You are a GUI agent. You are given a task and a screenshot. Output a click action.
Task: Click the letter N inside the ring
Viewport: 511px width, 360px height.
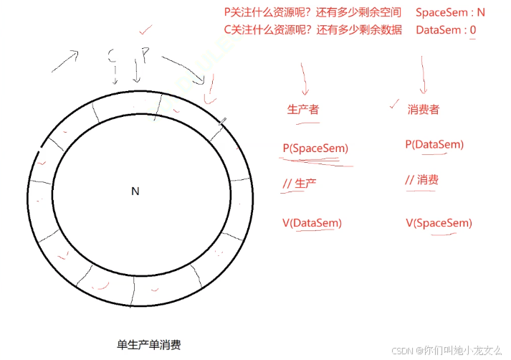click(x=135, y=191)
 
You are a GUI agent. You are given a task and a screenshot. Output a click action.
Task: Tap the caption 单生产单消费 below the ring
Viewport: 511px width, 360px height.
click(x=148, y=345)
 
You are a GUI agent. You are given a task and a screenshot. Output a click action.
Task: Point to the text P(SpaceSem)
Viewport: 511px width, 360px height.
click(x=315, y=148)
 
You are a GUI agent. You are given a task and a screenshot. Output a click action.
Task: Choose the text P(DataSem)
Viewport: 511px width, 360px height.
click(x=434, y=145)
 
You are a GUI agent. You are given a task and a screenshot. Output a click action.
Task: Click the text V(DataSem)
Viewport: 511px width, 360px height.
click(x=312, y=223)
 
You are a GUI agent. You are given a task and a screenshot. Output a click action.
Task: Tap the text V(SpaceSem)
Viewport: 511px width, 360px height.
click(x=439, y=223)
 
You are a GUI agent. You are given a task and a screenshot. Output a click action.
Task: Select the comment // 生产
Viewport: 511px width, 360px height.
click(x=300, y=184)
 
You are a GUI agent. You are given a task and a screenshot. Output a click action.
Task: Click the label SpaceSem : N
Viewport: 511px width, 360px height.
click(x=450, y=12)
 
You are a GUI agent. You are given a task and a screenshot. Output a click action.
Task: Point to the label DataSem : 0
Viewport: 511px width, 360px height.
click(x=446, y=30)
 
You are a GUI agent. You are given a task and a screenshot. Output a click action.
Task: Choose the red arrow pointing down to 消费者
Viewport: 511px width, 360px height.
click(x=423, y=77)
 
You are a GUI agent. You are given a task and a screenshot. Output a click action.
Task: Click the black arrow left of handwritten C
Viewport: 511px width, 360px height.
click(x=65, y=62)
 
